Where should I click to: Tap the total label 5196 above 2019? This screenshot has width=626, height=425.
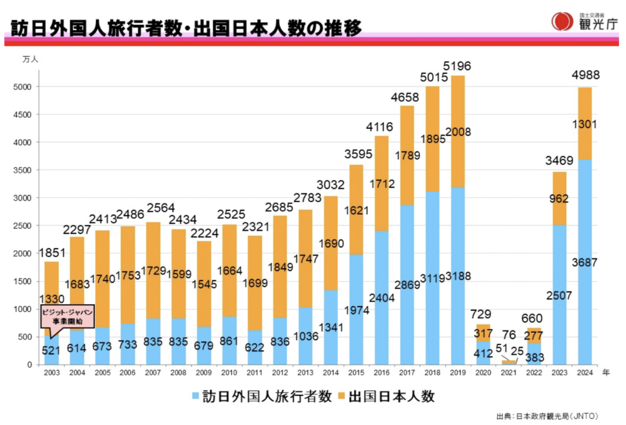pyautogui.click(x=457, y=65)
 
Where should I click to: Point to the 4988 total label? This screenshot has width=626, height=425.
pyautogui.click(x=585, y=76)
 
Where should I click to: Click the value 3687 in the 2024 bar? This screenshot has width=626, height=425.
pyautogui.click(x=585, y=263)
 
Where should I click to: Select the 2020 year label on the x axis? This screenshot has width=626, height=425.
pyautogui.click(x=483, y=372)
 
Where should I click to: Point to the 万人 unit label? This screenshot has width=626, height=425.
pyautogui.click(x=30, y=59)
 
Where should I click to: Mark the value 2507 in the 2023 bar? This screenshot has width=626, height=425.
pyautogui.click(x=559, y=296)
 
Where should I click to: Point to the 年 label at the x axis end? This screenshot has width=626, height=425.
pyautogui.click(x=605, y=372)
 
